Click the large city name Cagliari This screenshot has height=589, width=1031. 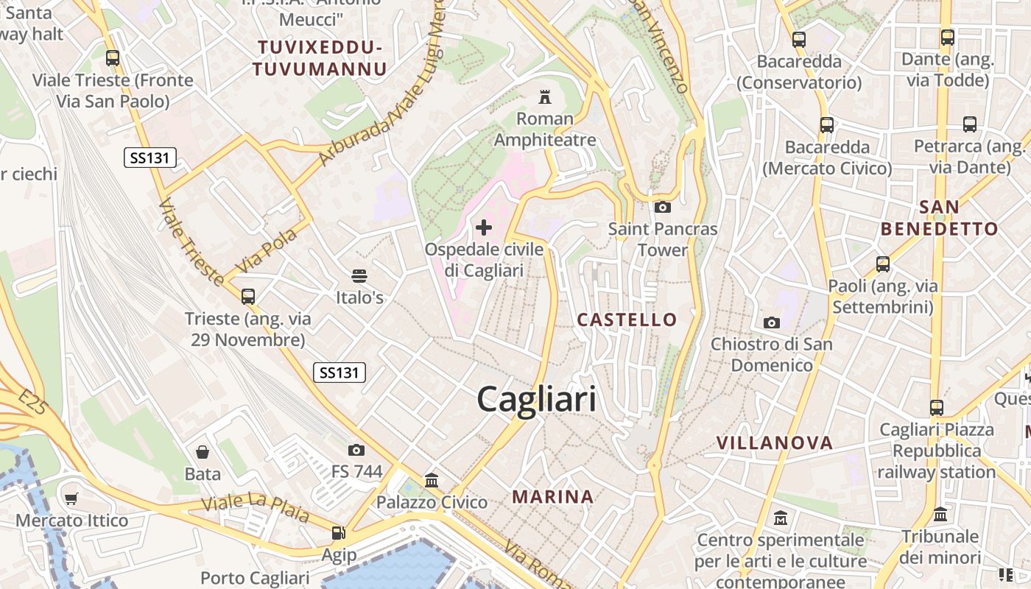tap(536, 400)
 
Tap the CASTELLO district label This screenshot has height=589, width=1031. tap(627, 320)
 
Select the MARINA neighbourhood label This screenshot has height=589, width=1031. tap(553, 497)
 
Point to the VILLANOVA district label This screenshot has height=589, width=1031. tap(775, 443)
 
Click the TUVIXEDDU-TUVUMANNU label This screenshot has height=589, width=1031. tap(320, 59)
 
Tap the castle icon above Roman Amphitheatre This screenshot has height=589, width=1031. tap(545, 96)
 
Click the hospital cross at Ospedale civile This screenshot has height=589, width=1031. tap(484, 228)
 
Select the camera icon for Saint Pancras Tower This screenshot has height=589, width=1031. tap(662, 207)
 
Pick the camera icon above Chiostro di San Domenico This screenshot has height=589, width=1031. tap(771, 322)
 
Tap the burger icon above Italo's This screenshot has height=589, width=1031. tap(359, 276)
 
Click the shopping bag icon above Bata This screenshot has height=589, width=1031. tap(203, 451)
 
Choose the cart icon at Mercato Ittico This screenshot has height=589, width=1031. tap(71, 499)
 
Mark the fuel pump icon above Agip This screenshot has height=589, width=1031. tap(338, 532)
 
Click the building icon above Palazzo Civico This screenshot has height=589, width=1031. tap(432, 481)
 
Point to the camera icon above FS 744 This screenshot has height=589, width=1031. tap(356, 450)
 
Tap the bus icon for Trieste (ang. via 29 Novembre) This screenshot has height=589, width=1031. tap(248, 297)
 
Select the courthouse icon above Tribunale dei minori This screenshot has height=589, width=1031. tap(940, 515)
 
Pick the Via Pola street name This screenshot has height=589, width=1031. tap(266, 250)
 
